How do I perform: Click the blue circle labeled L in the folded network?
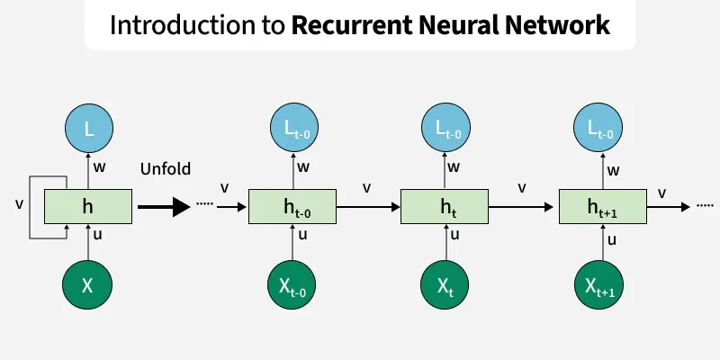coord(87,130)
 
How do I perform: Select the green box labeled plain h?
coord(87,207)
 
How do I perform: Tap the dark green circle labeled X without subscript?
coord(87,285)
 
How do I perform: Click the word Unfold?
coord(166,168)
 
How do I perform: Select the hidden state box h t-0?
coord(293,207)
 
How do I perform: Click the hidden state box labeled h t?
coord(446,207)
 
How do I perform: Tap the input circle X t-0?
coord(293,285)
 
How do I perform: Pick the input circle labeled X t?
coord(446,285)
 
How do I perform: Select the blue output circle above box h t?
coord(446,130)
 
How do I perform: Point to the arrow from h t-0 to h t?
coord(369,207)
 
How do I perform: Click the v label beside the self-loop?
coord(20,204)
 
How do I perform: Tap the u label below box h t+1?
coord(612,239)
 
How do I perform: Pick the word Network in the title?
coord(559,25)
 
